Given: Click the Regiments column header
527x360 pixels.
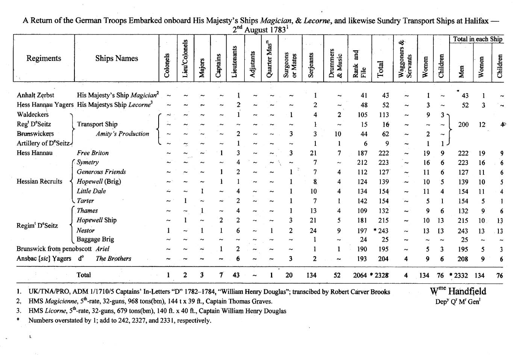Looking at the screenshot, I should [x=44, y=58].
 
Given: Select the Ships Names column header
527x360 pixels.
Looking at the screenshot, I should [x=117, y=58].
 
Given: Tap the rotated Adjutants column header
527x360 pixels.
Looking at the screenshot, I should [x=253, y=64].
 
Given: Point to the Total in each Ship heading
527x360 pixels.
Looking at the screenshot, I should [x=477, y=39].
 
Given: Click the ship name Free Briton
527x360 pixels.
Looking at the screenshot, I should [x=92, y=153].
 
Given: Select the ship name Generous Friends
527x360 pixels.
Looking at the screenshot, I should [x=101, y=172].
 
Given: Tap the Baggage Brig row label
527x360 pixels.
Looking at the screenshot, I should [x=95, y=239].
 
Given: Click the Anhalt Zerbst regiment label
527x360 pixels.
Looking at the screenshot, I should [x=35, y=95].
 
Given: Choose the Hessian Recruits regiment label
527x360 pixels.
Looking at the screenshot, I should [x=39, y=182].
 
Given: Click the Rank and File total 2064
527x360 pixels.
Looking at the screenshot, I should [x=360, y=275].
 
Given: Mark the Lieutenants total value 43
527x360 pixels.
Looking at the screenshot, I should [x=236, y=275].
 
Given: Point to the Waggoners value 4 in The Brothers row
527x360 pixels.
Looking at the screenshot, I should [x=406, y=259].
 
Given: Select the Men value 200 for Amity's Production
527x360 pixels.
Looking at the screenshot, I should [x=463, y=124].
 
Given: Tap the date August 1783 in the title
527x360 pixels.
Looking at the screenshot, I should [x=265, y=30].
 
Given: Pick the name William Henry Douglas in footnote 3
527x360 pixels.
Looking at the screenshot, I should [x=255, y=311].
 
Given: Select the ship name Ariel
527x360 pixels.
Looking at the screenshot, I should [x=103, y=249].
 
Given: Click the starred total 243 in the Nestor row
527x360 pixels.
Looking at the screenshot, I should [x=382, y=230].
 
